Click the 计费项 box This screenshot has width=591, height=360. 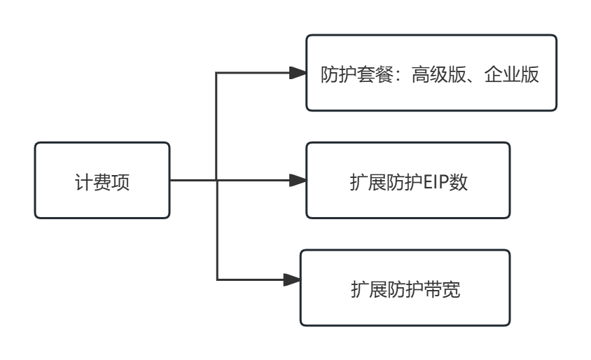[x=102, y=180]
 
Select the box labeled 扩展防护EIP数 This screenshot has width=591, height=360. [x=408, y=181]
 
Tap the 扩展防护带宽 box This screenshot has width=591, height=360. [x=405, y=288]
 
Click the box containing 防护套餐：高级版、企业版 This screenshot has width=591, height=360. [x=431, y=73]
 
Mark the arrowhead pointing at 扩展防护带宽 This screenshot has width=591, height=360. [x=293, y=280]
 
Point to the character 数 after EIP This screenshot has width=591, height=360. [x=459, y=182]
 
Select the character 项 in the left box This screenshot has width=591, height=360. [x=120, y=182]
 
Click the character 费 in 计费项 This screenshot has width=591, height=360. [x=102, y=182]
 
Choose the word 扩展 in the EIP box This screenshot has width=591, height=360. [x=368, y=182]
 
